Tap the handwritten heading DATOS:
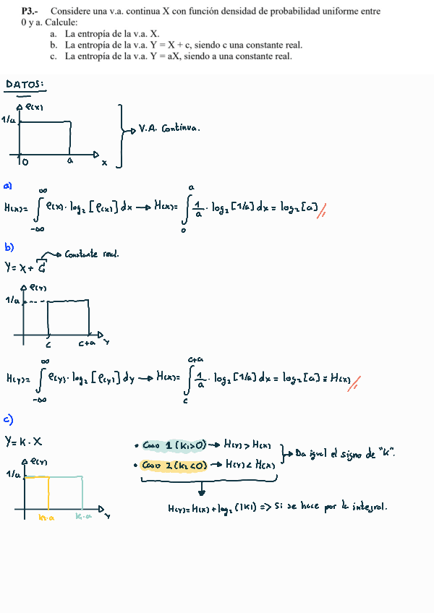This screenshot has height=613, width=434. (x=25, y=85)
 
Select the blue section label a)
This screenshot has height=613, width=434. (x=8, y=185)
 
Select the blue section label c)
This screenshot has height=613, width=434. (x=9, y=419)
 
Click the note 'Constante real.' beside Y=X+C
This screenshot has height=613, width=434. (x=92, y=254)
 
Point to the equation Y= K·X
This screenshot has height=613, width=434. (x=24, y=441)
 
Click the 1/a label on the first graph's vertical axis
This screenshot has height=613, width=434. (x=9, y=120)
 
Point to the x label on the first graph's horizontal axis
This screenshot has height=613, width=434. (x=104, y=163)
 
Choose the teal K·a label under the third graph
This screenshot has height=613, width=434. (x=84, y=518)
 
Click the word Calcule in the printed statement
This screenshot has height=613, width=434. (x=59, y=22)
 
